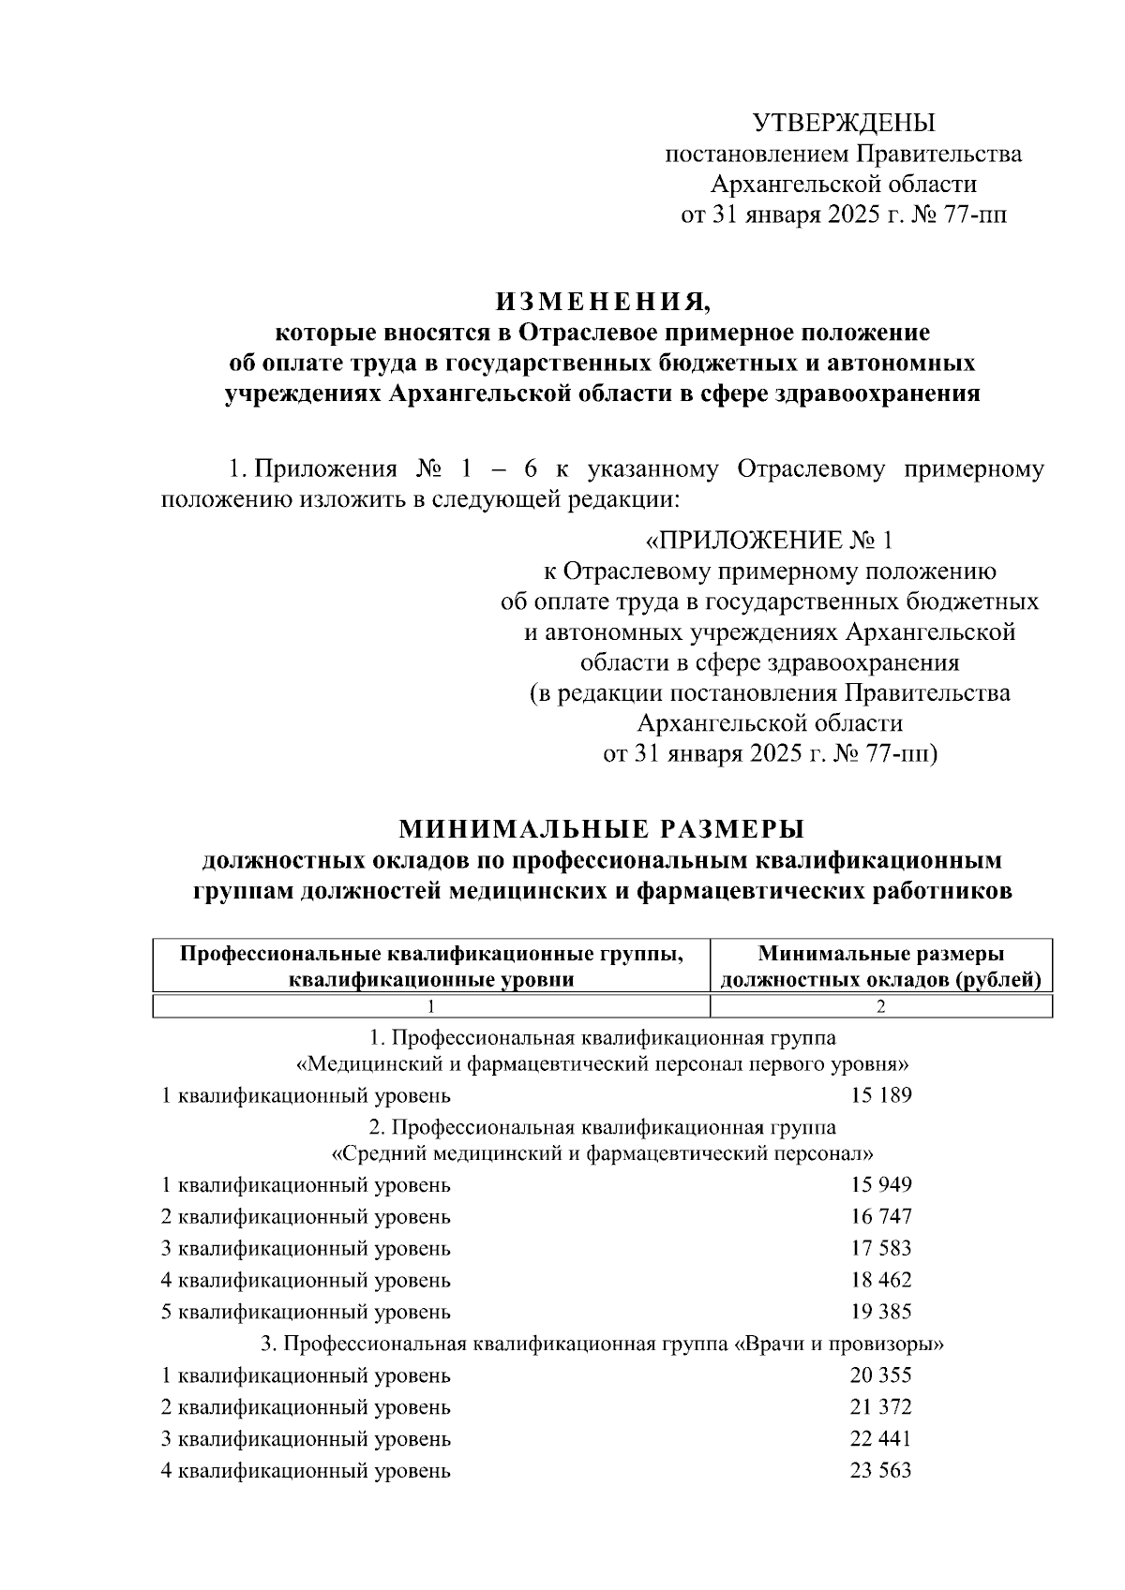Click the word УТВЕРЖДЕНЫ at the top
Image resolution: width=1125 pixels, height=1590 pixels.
tap(844, 123)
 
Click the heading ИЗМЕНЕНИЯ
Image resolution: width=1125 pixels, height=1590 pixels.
tap(603, 302)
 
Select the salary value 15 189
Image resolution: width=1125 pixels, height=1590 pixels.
tap(880, 1095)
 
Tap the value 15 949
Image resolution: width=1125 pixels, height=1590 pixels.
tap(880, 1184)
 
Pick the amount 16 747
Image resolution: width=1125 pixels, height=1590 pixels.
tap(880, 1216)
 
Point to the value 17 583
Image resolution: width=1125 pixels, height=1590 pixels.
tap(880, 1248)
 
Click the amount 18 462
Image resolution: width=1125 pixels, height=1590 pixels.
tap(880, 1280)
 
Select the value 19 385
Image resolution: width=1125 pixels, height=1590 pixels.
tap(880, 1312)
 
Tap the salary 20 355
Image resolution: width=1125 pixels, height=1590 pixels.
tap(880, 1375)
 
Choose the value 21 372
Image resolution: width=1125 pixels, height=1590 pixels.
tap(880, 1407)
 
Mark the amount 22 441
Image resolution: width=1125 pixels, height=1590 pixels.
tap(880, 1438)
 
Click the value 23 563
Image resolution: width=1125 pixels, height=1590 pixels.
tap(880, 1470)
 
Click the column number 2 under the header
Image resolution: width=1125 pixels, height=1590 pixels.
tap(880, 1007)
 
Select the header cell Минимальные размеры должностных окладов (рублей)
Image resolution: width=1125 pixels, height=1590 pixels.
tap(880, 967)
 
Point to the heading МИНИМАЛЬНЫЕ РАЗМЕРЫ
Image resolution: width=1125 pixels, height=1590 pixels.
tap(602, 829)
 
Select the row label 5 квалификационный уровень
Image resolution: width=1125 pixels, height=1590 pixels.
tap(306, 1312)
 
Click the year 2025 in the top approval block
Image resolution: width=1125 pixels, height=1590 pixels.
tap(852, 215)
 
